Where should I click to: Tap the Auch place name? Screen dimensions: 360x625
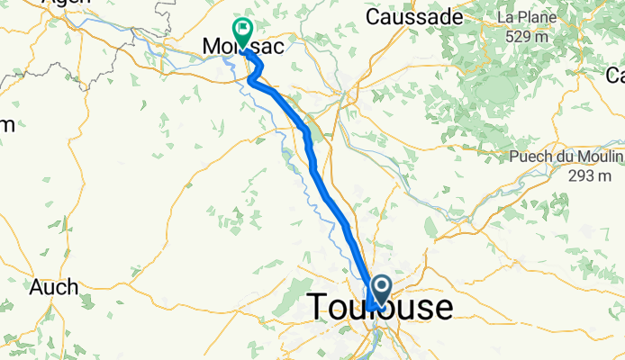pyautogui.click(x=53, y=288)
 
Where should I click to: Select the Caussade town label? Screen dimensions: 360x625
pyautogui.click(x=414, y=17)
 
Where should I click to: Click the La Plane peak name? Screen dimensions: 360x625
pyautogui.click(x=519, y=18)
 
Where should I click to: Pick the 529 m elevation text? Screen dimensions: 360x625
pyautogui.click(x=528, y=36)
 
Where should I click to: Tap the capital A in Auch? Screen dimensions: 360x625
pyautogui.click(x=37, y=288)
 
